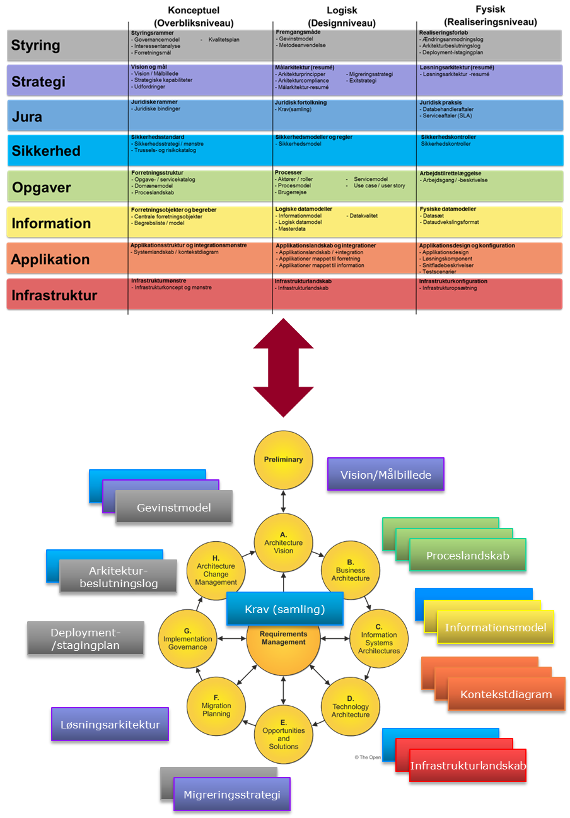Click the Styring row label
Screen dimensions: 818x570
click(36, 45)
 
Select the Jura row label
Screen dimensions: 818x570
click(27, 117)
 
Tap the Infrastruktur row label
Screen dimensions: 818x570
click(54, 295)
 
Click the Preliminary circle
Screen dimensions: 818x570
click(283, 460)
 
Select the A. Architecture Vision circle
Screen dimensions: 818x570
click(283, 542)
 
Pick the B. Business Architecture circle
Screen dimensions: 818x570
click(351, 570)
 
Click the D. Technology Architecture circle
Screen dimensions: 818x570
click(351, 706)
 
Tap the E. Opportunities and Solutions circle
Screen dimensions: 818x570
click(283, 735)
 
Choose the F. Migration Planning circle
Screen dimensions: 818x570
click(216, 706)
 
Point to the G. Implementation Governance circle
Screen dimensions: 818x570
click(187, 639)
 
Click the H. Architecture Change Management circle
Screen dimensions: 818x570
click(216, 570)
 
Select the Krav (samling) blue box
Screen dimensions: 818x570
click(285, 609)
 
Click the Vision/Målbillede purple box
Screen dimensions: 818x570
click(386, 474)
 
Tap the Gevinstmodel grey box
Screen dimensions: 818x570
click(174, 507)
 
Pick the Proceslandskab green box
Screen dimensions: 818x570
click(467, 555)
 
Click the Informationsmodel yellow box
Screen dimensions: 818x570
click(495, 627)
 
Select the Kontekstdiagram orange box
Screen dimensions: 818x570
click(506, 694)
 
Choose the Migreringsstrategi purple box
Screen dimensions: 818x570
click(231, 794)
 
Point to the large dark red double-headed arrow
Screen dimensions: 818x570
click(283, 367)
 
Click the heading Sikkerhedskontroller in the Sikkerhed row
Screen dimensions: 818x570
click(448, 137)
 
